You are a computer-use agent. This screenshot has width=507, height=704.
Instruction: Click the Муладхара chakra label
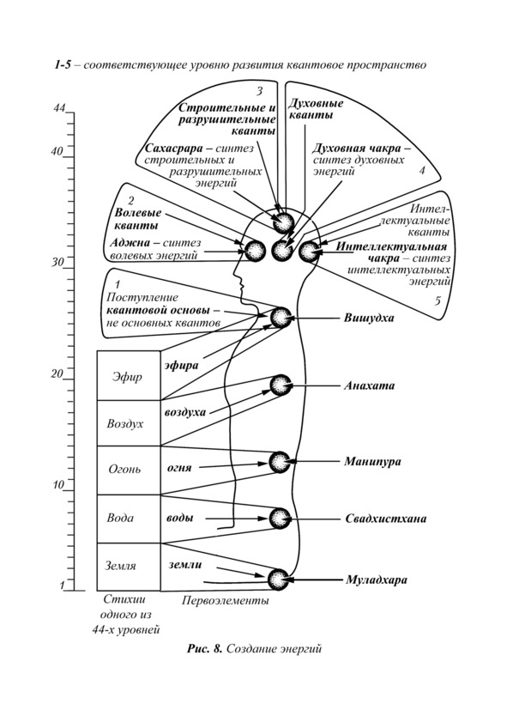pos(377,580)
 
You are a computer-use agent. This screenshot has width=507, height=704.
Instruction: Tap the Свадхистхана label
pos(386,519)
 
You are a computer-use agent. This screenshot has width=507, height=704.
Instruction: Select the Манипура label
pos(372,462)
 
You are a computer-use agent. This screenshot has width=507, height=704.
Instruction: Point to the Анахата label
pos(369,385)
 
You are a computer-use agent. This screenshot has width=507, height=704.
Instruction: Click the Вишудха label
pos(369,319)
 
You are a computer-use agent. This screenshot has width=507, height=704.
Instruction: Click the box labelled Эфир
pos(129,376)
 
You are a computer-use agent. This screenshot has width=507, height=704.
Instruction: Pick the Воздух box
pos(129,423)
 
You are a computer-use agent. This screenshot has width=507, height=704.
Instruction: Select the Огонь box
pos(129,470)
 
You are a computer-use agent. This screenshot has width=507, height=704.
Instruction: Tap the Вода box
pos(129,519)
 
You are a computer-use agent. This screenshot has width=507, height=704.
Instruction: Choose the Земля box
pos(129,567)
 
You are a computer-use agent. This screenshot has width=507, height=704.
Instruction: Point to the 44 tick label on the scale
pos(60,109)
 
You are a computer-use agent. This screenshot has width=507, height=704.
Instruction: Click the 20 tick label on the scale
pos(57,373)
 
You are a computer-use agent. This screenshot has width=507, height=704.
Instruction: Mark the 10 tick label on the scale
pos(57,485)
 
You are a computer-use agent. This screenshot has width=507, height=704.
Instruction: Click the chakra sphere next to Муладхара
pos(278,580)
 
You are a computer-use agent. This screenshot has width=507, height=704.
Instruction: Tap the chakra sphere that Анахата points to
pos(281,385)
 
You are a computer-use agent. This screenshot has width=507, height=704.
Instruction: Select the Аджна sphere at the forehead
pos(255,250)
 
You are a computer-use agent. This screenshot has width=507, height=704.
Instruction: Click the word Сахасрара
pos(173,148)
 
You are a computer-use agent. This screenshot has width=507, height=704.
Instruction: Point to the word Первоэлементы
pos(226,601)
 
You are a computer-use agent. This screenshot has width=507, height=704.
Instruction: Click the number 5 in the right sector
pos(438,300)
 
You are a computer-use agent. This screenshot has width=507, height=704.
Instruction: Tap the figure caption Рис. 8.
pos(204,649)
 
